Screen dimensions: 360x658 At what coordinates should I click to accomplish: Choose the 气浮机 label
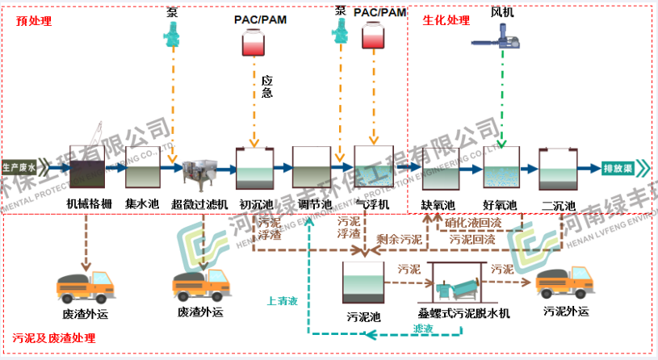click(372, 203)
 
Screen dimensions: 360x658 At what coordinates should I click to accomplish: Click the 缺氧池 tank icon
click(440, 169)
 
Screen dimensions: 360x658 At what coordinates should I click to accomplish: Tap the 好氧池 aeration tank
click(500, 170)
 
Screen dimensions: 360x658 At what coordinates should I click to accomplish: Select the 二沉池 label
click(559, 205)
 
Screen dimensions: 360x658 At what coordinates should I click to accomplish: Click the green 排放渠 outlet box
click(621, 168)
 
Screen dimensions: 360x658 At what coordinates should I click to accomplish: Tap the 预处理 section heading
click(33, 21)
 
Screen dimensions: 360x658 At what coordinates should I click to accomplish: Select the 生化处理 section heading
click(446, 21)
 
